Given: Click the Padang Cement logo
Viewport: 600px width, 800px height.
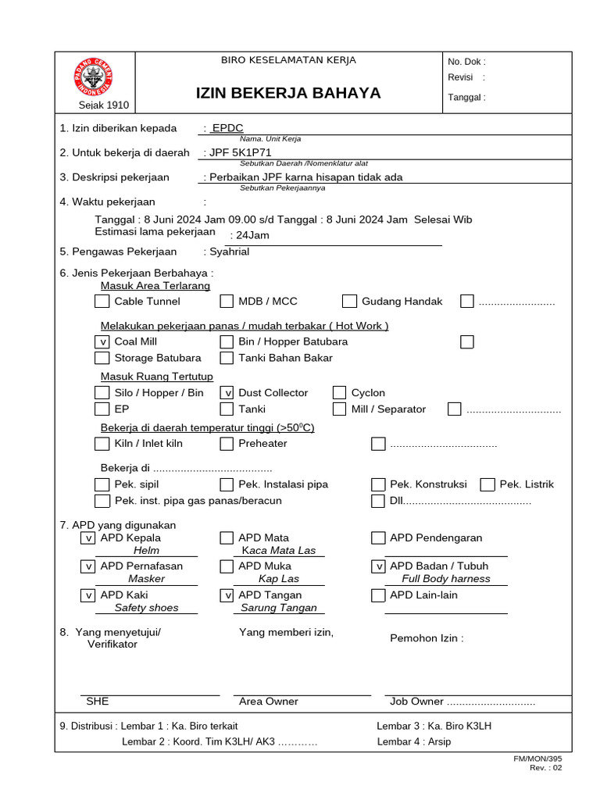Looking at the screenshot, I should tap(94, 77).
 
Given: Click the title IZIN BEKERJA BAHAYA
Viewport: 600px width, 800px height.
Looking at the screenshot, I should tap(288, 94).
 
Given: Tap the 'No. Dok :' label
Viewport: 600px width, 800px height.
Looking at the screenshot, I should tap(466, 62).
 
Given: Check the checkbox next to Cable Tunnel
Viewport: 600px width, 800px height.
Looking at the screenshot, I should tap(102, 302).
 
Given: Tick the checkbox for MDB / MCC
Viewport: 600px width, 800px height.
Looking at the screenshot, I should tap(227, 302).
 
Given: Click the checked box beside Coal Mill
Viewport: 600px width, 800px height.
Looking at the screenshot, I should tap(102, 342).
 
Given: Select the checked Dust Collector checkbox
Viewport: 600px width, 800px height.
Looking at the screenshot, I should tap(227, 393).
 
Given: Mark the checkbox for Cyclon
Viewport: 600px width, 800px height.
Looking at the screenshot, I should tap(339, 393).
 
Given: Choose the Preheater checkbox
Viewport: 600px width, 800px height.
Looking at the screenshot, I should tap(227, 444).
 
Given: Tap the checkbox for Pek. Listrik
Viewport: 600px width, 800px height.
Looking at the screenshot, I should tap(487, 484).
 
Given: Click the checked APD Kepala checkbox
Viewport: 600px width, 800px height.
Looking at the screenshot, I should tap(88, 538).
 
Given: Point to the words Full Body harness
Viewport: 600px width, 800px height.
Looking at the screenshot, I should tap(446, 579).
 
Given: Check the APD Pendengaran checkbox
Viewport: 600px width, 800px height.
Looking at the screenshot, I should tap(378, 538).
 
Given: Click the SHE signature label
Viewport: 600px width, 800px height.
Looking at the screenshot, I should tap(98, 702).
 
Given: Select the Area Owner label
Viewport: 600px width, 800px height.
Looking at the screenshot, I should tap(269, 702).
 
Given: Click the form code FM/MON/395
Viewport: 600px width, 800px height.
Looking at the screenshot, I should tap(537, 759).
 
